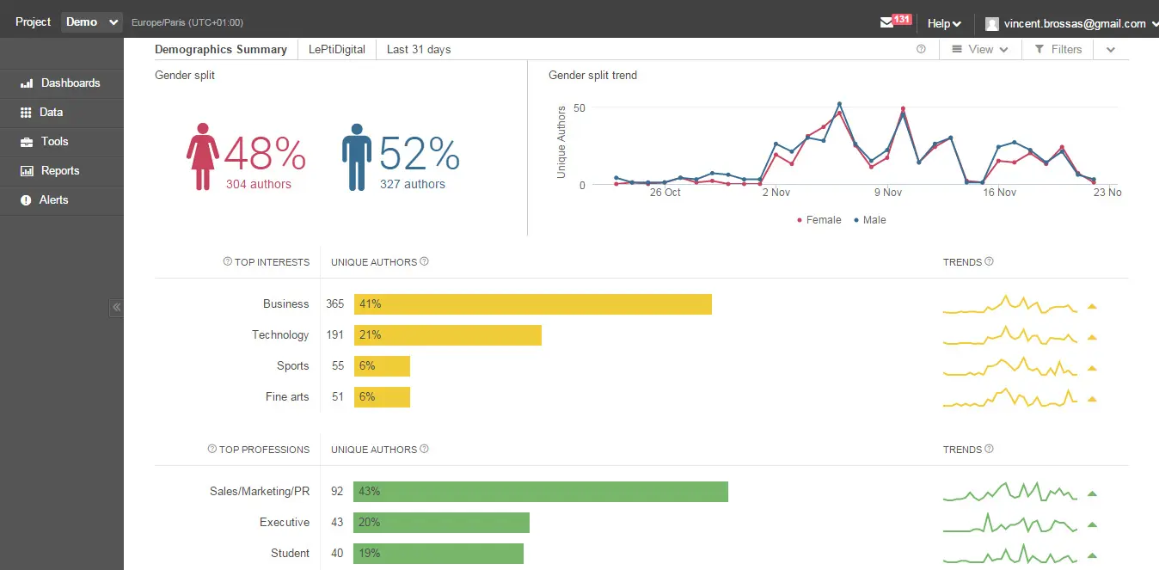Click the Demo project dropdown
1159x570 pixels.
point(91,22)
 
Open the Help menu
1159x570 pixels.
point(944,24)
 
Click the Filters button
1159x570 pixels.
point(1058,50)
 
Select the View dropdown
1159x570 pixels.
point(979,50)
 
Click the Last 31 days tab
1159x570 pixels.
point(419,50)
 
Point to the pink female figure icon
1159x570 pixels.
point(203,156)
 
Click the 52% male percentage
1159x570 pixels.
point(419,155)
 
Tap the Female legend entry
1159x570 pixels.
point(819,220)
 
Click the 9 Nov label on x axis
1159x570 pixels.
point(888,193)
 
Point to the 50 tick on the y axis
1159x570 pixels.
point(579,108)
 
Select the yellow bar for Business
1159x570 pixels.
point(533,304)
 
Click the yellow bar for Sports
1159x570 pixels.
point(383,366)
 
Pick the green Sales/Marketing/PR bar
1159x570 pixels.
point(542,492)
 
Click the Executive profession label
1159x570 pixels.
point(285,523)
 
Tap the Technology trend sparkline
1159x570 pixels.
point(1010,336)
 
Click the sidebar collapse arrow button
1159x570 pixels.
point(117,307)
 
